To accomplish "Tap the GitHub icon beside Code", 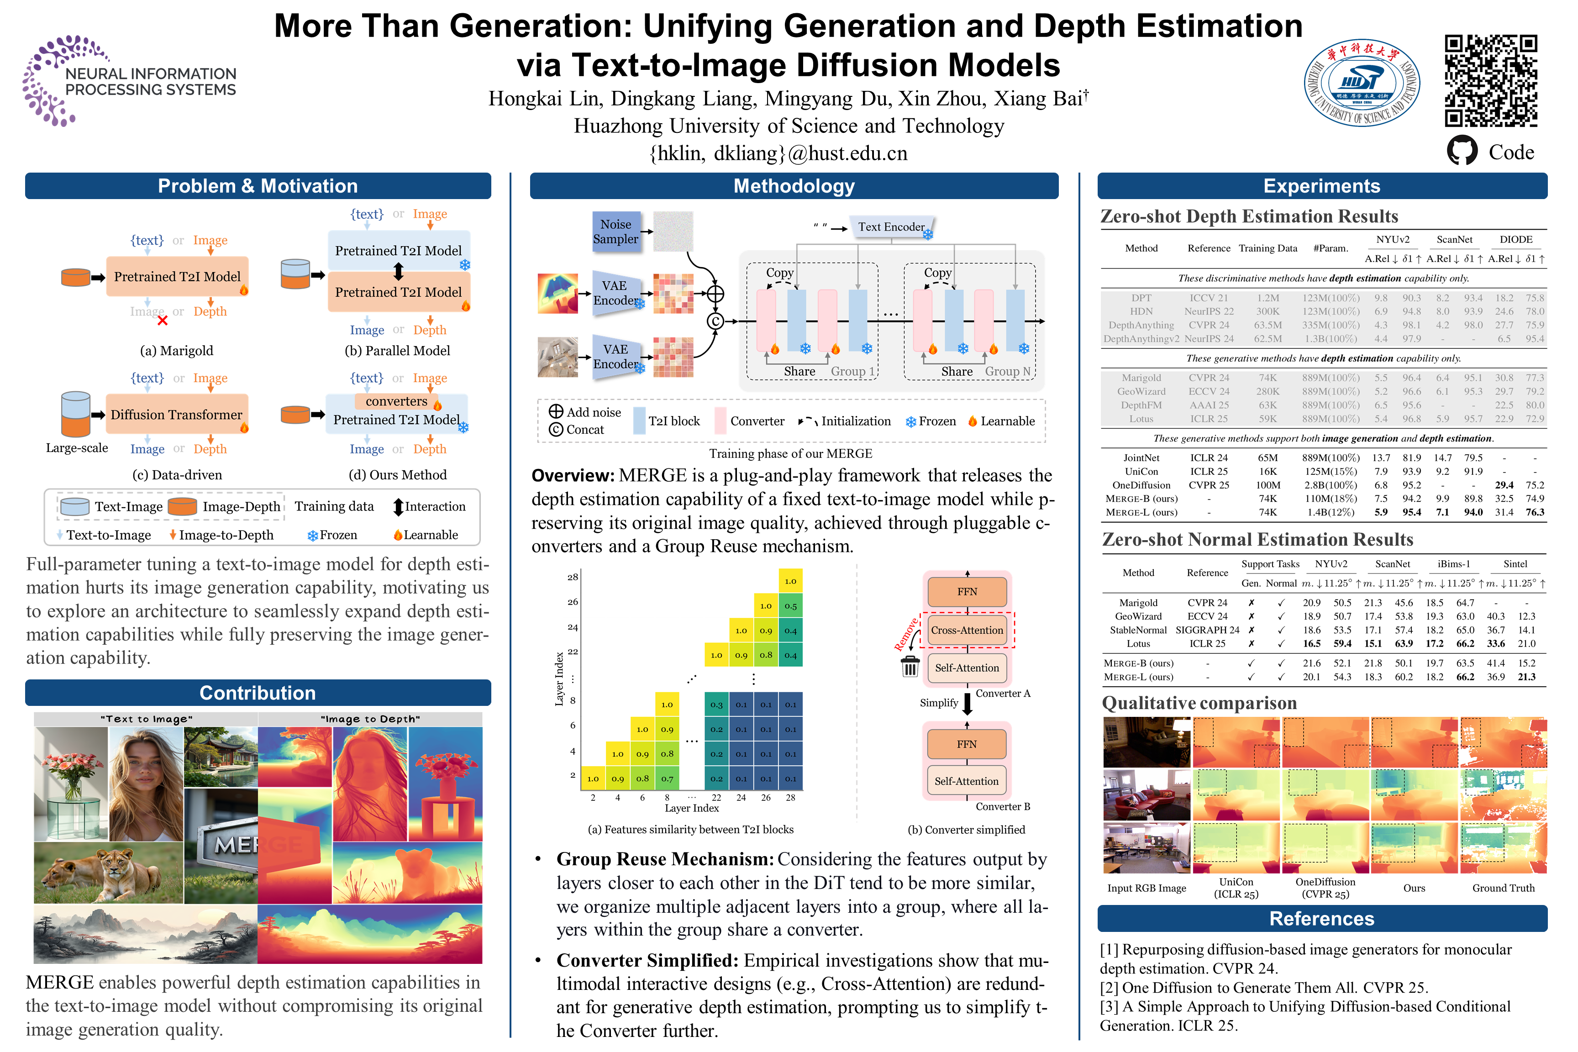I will (x=1462, y=151).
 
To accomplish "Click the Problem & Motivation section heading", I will (x=258, y=186).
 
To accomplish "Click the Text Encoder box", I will (x=891, y=227).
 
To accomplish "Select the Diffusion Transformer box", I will (x=176, y=415).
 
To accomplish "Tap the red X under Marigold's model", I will (x=163, y=321).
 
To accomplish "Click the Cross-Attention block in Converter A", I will (x=967, y=630).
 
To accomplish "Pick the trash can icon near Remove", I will (x=910, y=666).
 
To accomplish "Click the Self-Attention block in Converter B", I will (x=967, y=781).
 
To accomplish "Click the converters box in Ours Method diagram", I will (x=396, y=401).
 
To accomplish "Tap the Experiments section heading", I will (x=1322, y=186).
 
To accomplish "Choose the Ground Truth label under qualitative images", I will (x=1503, y=888).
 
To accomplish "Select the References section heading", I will (x=1322, y=919).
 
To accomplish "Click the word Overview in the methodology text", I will (x=572, y=476).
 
